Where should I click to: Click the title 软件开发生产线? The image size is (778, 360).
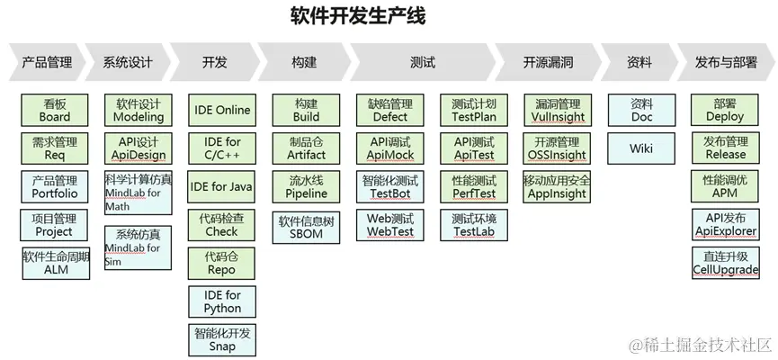tap(357, 16)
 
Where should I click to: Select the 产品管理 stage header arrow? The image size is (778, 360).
tap(48, 63)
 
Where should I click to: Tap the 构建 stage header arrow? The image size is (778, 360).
tap(304, 63)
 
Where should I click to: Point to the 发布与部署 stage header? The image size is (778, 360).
tap(725, 63)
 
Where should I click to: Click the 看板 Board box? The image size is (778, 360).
tap(55, 111)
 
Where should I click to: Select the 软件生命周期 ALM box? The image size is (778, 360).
tap(56, 263)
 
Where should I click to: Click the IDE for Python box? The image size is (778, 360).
tap(222, 301)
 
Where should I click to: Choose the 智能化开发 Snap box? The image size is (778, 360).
tap(222, 339)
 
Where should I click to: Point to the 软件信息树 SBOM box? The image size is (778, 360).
tap(307, 225)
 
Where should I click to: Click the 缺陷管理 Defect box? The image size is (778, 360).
tap(389, 111)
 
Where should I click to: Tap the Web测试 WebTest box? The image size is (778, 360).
tap(389, 225)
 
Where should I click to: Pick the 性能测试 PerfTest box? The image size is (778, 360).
tap(473, 187)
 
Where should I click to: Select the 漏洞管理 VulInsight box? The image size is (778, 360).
tap(558, 111)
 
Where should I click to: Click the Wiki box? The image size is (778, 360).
tap(641, 148)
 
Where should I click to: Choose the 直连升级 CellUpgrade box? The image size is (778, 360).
tap(725, 263)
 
